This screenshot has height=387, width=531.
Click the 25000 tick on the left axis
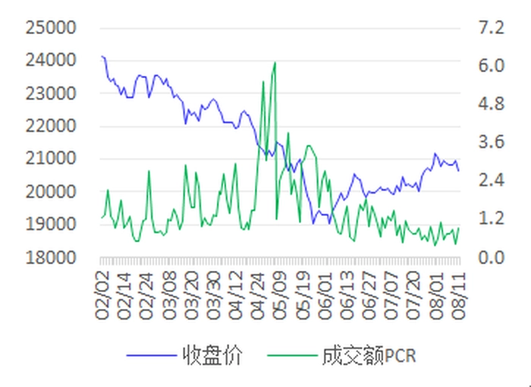tap(51, 28)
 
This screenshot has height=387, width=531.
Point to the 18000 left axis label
tap(51, 257)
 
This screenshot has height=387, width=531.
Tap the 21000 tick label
tap(51, 159)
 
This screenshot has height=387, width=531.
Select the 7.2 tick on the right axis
tap(491, 28)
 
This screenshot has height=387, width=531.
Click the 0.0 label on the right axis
tap(491, 257)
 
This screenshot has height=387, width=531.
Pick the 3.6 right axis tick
tap(491, 142)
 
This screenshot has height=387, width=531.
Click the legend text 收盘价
tap(212, 355)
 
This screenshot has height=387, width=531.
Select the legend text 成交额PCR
tap(369, 355)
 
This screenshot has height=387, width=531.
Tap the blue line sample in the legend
tap(152, 355)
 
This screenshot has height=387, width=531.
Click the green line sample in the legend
tap(292, 355)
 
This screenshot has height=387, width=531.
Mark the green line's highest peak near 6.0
tap(275, 63)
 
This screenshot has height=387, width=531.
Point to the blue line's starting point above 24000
tap(102, 56)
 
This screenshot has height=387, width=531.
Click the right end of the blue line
tap(459, 171)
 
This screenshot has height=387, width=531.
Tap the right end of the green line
tap(459, 228)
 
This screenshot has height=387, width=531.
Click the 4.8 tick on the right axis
tap(491, 104)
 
